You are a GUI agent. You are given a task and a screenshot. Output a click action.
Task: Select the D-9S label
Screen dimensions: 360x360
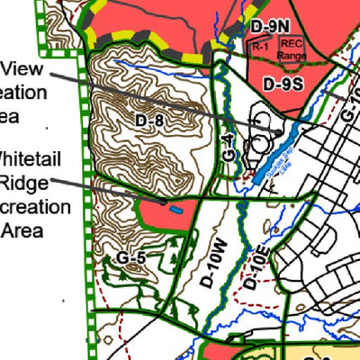(282, 83)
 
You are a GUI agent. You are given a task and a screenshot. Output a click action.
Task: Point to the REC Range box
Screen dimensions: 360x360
(292, 49)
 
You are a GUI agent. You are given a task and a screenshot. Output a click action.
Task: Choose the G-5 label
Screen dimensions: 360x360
(130, 258)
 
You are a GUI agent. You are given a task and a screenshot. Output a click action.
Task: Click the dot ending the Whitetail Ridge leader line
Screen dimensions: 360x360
(163, 203)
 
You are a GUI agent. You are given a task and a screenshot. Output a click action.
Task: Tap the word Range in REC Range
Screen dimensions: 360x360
(292, 55)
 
